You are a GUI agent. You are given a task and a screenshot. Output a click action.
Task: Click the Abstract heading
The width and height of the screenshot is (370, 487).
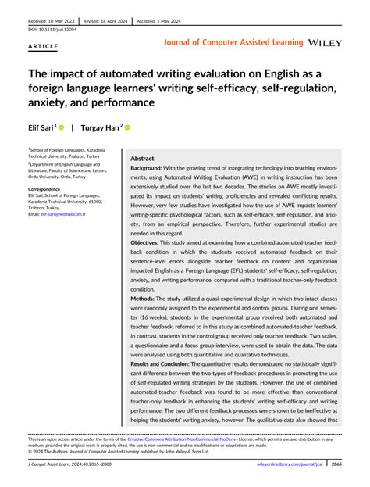point(142,158)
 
